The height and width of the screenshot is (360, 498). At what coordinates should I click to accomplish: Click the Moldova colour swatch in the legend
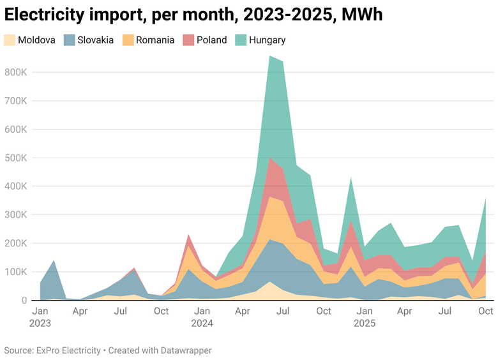tap(10, 40)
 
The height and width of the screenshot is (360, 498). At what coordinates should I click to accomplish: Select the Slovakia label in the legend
tap(95, 40)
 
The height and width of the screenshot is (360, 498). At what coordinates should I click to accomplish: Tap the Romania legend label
tap(155, 40)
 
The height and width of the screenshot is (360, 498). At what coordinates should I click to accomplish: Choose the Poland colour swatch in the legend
tap(188, 40)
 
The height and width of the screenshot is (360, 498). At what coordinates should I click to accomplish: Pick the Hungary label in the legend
tap(267, 40)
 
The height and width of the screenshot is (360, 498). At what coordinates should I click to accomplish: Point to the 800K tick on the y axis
tap(15, 72)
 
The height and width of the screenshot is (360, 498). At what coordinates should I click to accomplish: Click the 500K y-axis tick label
tap(15, 158)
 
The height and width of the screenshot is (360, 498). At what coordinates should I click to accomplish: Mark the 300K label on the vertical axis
tap(15, 214)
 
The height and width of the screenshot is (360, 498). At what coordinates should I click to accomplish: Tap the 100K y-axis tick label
tap(15, 271)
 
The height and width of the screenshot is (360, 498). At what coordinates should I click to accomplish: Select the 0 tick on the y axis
tap(24, 300)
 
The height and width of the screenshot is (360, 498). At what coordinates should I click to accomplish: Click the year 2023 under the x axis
tap(40, 323)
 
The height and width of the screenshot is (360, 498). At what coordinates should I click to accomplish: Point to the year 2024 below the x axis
tap(202, 323)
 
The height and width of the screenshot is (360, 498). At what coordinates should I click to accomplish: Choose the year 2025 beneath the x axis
tap(365, 323)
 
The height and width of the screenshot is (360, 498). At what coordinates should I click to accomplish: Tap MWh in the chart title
tap(362, 14)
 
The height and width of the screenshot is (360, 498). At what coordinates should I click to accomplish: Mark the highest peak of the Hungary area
tap(270, 57)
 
